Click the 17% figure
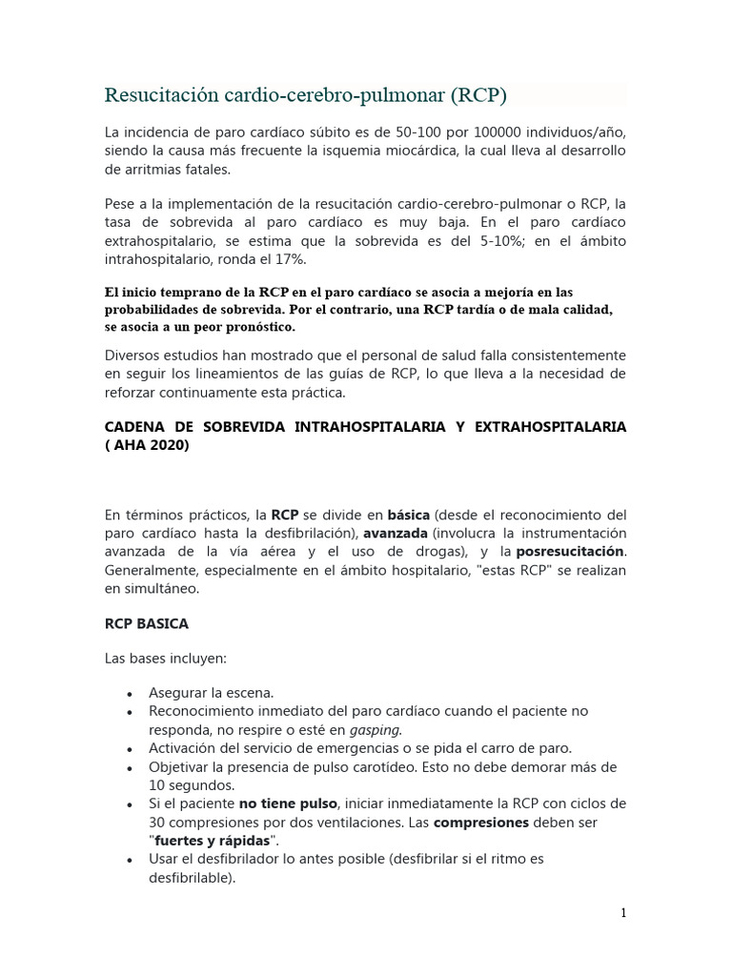tap(291, 260)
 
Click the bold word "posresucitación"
tap(570, 551)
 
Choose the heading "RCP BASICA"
tap(147, 623)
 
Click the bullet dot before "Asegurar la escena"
tap(128, 694)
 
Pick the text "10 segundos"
tap(192, 785)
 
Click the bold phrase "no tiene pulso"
tap(288, 803)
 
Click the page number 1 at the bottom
tap(623, 913)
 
